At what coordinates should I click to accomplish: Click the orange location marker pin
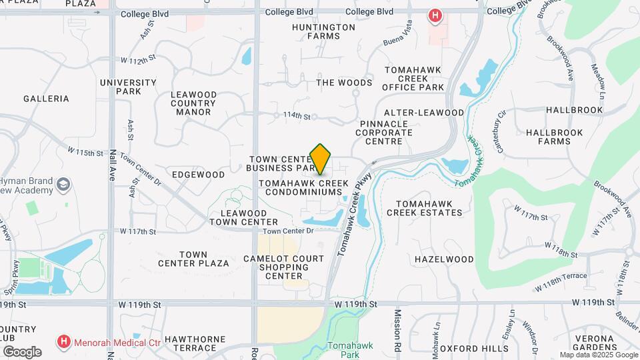click(321, 159)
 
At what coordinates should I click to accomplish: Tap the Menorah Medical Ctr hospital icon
click(64, 342)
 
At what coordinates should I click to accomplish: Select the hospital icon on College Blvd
click(435, 15)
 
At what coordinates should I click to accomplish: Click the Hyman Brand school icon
click(63, 185)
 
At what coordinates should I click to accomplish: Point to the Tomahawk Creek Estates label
click(429, 208)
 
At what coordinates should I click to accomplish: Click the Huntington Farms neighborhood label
click(323, 31)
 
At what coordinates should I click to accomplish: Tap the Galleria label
click(46, 99)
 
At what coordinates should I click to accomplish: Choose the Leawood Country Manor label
click(194, 103)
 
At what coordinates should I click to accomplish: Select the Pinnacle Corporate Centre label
click(389, 133)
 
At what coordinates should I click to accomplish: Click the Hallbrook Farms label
click(554, 137)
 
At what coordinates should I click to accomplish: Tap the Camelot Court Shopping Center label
click(283, 267)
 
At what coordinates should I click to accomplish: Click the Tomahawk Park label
click(354, 350)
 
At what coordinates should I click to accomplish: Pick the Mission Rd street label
click(397, 331)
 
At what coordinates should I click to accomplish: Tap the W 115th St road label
click(86, 153)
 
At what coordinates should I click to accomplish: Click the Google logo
click(21, 351)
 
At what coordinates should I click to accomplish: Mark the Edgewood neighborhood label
click(198, 175)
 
